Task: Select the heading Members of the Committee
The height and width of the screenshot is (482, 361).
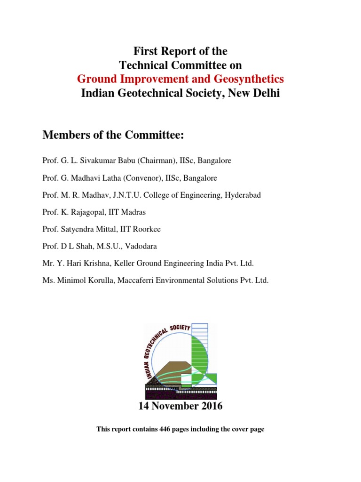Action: (113, 136)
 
